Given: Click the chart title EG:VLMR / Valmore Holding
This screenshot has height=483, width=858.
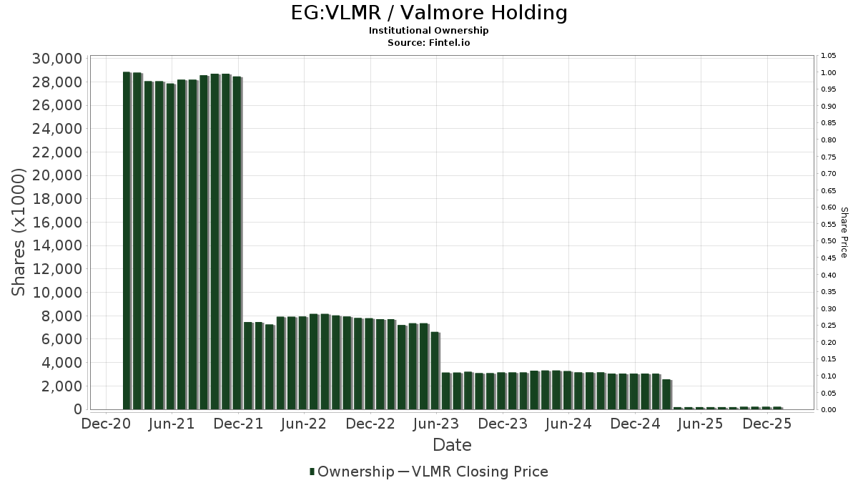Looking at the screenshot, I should (x=429, y=13).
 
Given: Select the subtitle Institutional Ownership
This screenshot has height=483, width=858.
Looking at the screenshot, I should (x=429, y=31).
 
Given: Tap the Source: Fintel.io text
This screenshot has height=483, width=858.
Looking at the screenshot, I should (x=429, y=42).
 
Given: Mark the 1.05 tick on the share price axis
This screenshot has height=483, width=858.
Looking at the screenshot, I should (x=829, y=56).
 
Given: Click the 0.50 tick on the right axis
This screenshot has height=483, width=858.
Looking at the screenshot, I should (x=829, y=241).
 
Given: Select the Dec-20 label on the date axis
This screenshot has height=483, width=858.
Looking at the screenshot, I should (x=106, y=424).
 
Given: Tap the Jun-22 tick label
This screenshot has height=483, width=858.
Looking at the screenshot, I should (x=304, y=424).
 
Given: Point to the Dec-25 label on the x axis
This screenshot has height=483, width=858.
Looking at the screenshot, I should (x=766, y=424).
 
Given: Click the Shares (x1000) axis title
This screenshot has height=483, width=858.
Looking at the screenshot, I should (x=21, y=233).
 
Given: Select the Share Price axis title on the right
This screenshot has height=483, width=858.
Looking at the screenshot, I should (x=844, y=233).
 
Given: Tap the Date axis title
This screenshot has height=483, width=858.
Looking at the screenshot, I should (x=452, y=445).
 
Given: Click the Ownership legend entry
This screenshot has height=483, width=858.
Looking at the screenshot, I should (x=355, y=472).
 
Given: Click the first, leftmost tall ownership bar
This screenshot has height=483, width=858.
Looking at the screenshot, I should (x=127, y=240).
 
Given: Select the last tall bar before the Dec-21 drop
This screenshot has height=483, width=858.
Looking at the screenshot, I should (x=237, y=243).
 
